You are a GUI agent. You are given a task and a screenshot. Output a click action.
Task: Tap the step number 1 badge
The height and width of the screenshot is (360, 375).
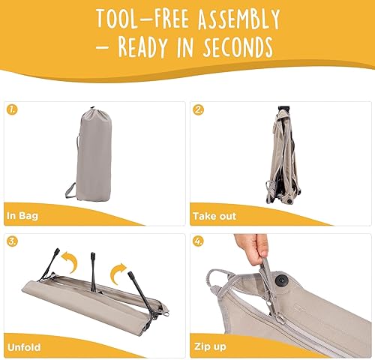13,109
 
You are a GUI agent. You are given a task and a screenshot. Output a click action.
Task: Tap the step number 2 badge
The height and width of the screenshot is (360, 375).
199,109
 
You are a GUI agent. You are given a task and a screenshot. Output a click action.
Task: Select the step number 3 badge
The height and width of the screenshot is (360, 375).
13,241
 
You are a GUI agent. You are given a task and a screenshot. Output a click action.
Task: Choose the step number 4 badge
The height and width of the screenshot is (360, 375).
199,241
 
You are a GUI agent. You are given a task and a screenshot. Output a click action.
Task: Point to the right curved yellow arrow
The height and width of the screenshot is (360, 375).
120,270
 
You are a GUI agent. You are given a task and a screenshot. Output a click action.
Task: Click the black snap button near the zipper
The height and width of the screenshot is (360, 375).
287,279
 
